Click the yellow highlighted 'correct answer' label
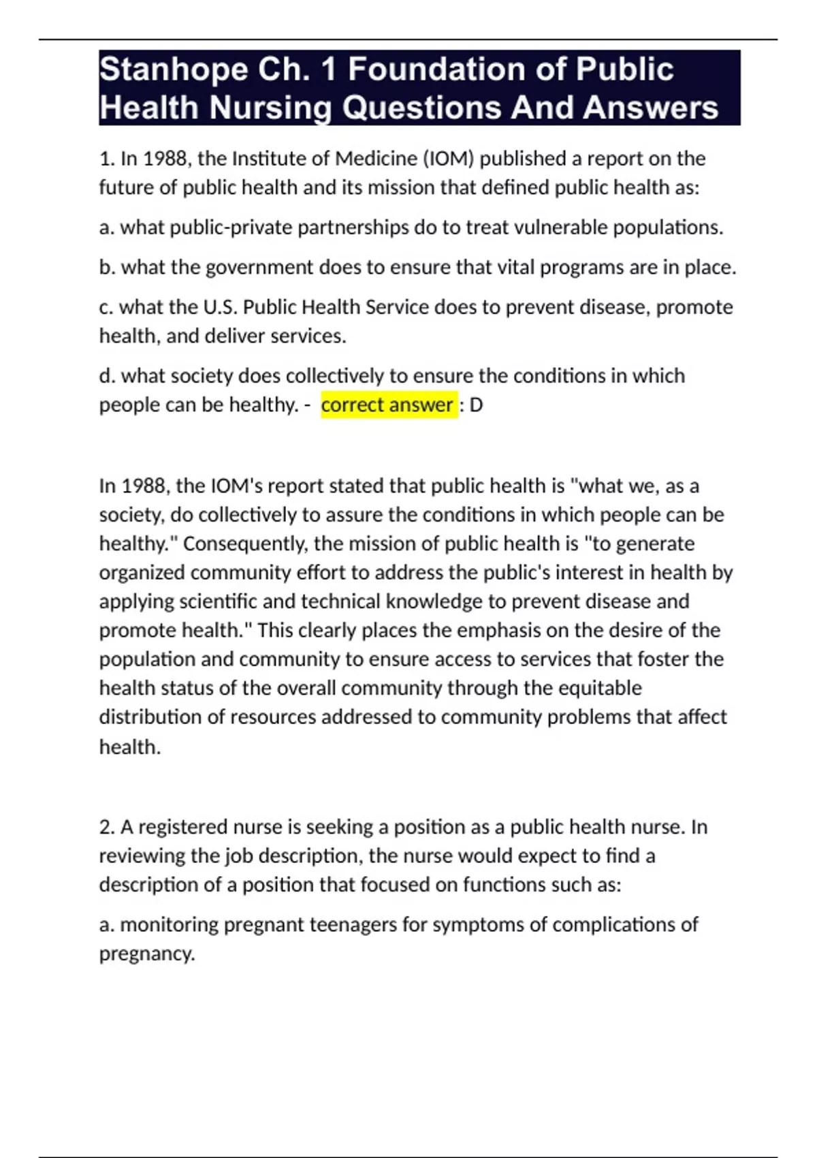[x=387, y=405]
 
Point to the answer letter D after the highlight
[x=476, y=405]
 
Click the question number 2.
[x=106, y=827]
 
